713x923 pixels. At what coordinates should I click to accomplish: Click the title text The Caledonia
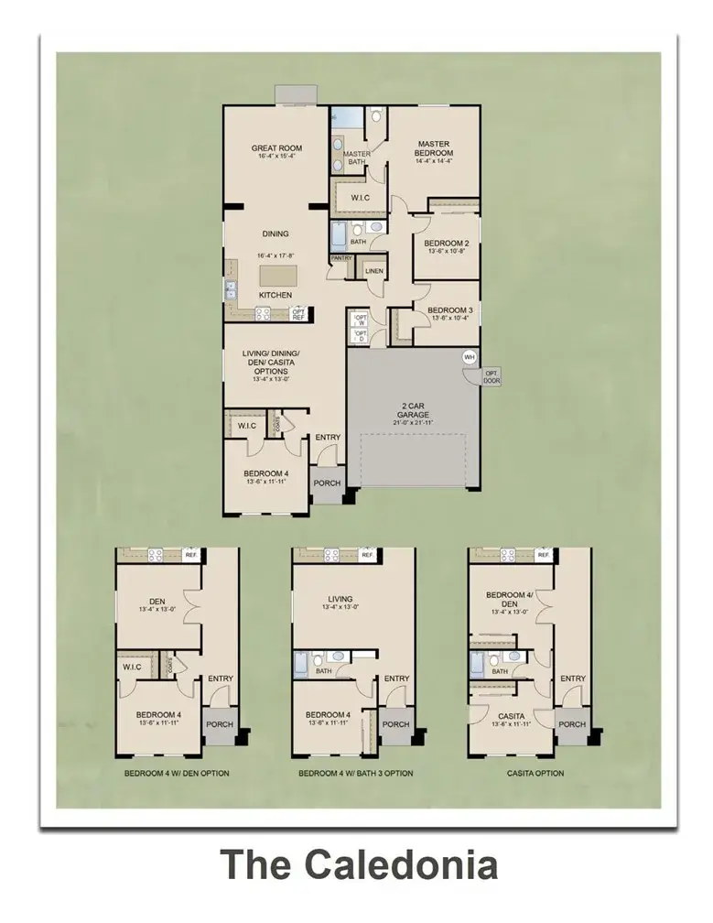click(x=359, y=865)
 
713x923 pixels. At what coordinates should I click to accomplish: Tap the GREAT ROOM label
click(x=276, y=148)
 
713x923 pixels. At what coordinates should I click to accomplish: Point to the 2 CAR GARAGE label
click(x=413, y=409)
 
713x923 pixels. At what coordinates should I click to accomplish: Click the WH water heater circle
click(x=470, y=357)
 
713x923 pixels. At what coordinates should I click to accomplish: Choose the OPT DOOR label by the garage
click(x=492, y=376)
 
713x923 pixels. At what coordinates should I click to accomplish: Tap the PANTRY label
click(x=341, y=258)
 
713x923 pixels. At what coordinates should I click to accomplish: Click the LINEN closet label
click(x=373, y=271)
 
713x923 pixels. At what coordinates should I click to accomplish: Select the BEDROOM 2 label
click(x=446, y=244)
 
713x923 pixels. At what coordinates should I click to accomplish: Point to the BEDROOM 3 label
click(x=449, y=310)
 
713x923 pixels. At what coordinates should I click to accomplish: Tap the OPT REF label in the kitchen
click(x=298, y=314)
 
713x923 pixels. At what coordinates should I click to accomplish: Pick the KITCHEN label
click(x=275, y=295)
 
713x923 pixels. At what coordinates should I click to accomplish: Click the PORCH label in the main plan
click(x=327, y=483)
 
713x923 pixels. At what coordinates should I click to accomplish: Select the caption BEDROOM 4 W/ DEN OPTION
click(x=177, y=773)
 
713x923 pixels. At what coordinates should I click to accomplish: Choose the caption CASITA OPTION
click(x=535, y=773)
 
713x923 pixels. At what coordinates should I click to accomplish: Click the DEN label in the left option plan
click(x=157, y=602)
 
